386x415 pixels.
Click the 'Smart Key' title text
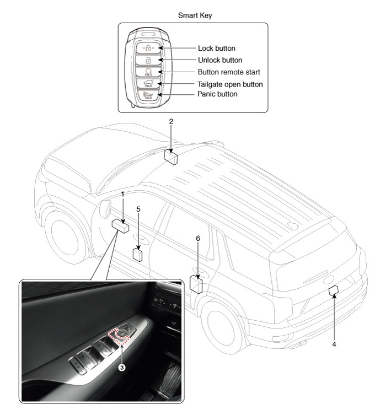click(195, 15)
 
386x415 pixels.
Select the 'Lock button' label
click(217, 48)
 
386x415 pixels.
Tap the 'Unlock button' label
click(219, 60)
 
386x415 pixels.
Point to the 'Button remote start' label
click(229, 72)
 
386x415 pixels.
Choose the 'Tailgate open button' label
click(230, 84)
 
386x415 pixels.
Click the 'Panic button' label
click(217, 94)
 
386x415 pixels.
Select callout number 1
click(122, 195)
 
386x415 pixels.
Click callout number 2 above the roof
click(171, 121)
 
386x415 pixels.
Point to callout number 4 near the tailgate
click(333, 343)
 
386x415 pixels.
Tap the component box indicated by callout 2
click(171, 157)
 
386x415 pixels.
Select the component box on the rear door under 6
click(196, 283)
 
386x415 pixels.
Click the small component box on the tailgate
click(333, 292)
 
